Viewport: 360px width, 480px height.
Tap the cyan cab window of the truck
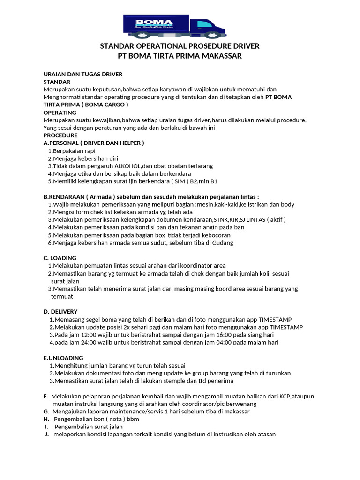click(204, 23)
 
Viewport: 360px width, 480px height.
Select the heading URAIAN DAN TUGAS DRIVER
click(83, 75)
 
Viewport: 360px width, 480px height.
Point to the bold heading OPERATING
click(60, 112)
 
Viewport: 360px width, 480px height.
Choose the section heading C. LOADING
click(60, 258)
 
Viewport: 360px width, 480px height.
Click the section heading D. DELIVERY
click(60, 311)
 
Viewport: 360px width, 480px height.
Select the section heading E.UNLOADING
click(63, 358)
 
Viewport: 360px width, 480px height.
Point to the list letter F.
click(45, 396)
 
